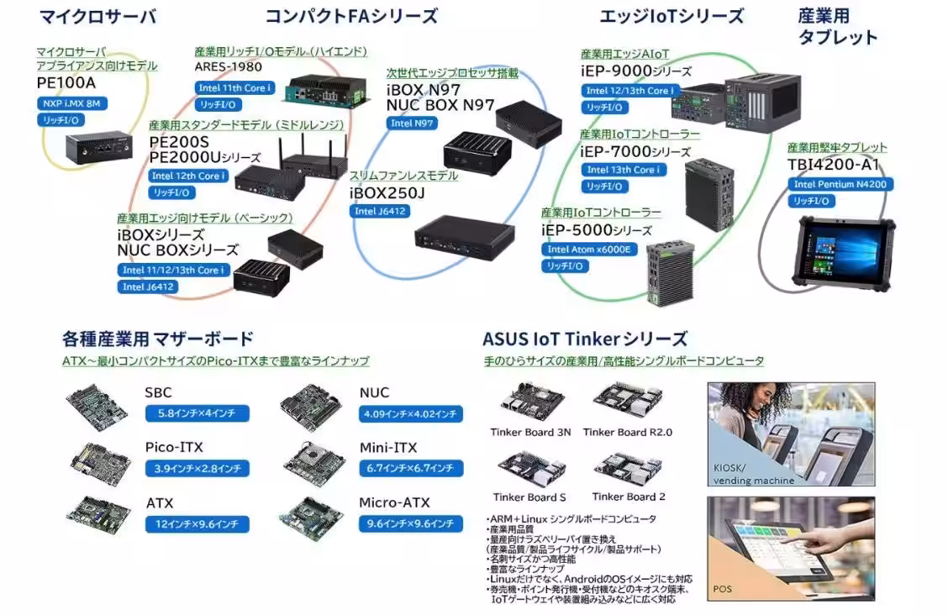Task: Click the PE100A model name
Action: pos(66,83)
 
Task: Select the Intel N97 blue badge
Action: pos(412,123)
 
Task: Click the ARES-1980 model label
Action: pos(228,67)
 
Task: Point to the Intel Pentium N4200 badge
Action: pos(840,184)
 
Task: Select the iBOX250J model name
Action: pos(387,192)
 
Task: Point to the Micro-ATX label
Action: pos(394,502)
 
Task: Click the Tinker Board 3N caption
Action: pos(530,432)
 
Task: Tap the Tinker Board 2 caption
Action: pos(629,497)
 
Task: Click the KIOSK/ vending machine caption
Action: pos(753,475)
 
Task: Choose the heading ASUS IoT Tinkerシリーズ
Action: pos(584,339)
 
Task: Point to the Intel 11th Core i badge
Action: pos(234,87)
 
